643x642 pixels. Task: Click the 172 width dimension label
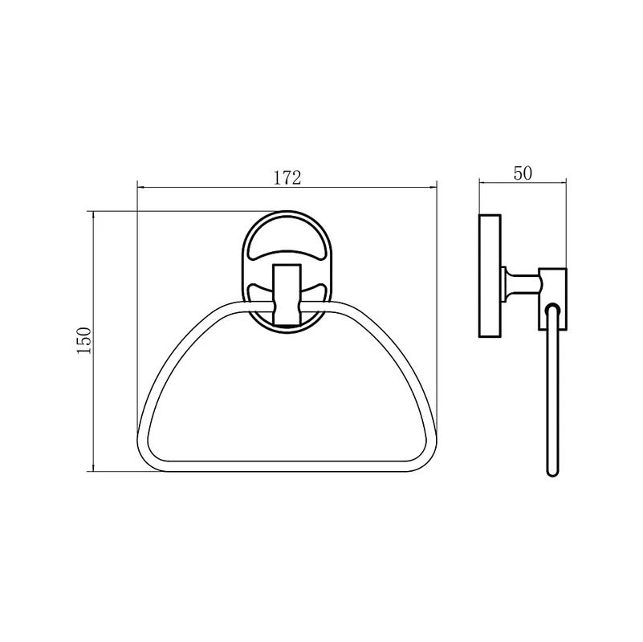(287, 177)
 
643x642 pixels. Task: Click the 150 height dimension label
(83, 341)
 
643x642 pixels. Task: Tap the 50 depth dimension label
(523, 173)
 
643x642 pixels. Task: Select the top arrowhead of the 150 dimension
(94, 215)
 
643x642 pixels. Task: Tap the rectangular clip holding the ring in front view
(287, 295)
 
